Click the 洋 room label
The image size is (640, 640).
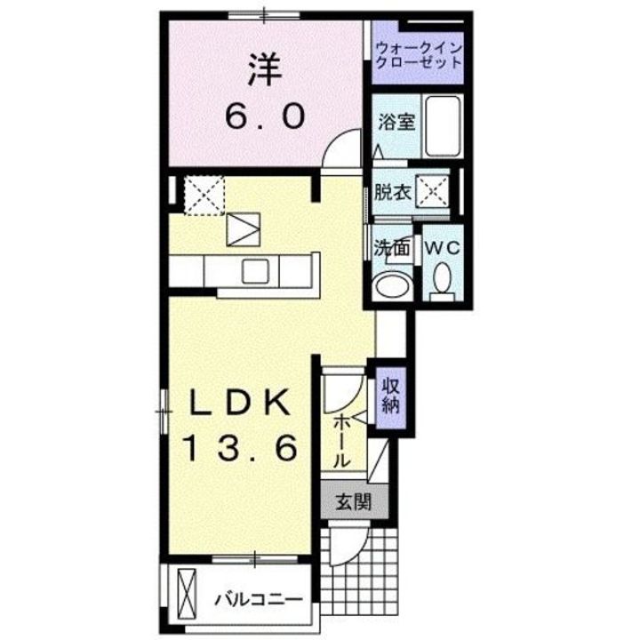(x=265, y=70)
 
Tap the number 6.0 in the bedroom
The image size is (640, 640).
(x=265, y=116)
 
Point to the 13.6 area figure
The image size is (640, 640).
(x=241, y=448)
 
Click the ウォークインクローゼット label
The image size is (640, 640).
(x=419, y=55)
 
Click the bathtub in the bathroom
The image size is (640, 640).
(x=443, y=126)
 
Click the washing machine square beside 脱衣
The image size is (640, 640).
(x=432, y=191)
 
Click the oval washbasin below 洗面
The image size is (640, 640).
(x=393, y=285)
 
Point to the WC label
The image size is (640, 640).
(x=443, y=248)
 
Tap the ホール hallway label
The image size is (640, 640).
(x=341, y=442)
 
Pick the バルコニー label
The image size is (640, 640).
(x=259, y=600)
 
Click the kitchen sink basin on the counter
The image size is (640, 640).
(x=255, y=271)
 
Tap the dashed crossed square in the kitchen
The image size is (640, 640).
(x=204, y=195)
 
